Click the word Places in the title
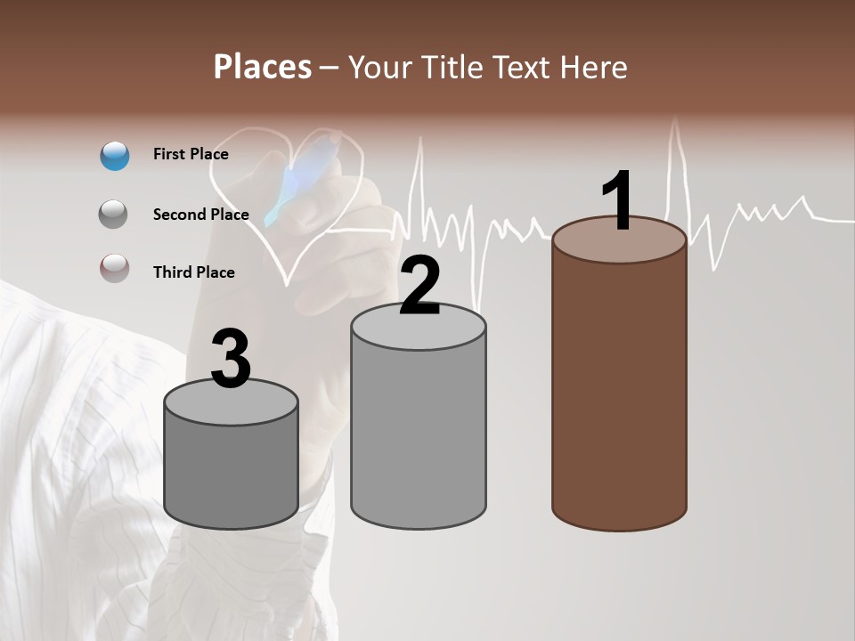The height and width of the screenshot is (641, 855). point(263,67)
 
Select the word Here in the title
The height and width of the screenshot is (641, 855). point(595,67)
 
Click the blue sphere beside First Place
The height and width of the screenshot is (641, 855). point(115,155)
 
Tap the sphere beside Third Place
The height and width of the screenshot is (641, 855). point(115,268)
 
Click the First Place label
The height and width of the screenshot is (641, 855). point(191,154)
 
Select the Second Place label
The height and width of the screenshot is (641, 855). point(200,214)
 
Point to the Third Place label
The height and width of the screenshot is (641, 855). point(193,272)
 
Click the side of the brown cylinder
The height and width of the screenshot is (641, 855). point(619,392)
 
